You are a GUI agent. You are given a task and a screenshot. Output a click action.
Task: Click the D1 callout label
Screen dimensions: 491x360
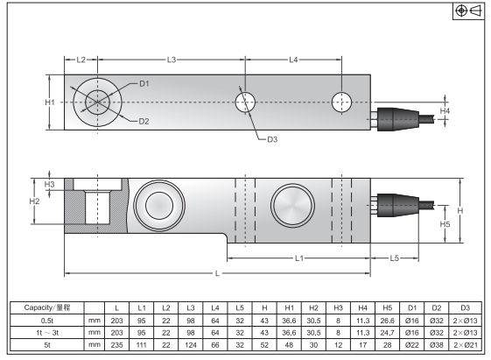(144, 84)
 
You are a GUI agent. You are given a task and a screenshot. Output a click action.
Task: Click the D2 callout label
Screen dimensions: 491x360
(144, 122)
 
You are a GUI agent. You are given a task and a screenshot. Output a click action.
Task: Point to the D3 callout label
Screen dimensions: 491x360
(272, 139)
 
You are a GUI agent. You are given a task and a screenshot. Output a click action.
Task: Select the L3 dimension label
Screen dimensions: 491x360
(172, 60)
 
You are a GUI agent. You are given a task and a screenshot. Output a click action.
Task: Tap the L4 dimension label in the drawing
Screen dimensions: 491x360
(293, 60)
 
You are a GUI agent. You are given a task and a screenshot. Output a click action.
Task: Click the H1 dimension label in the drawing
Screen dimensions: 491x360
(50, 102)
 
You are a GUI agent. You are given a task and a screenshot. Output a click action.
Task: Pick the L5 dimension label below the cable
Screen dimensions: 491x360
(394, 258)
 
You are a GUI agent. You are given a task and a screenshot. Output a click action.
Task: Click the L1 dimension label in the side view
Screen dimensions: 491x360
(299, 258)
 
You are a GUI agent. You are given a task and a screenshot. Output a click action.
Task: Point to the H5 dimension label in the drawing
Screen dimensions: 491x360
(445, 224)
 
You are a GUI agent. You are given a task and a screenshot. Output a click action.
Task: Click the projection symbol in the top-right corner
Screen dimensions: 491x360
(468, 11)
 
